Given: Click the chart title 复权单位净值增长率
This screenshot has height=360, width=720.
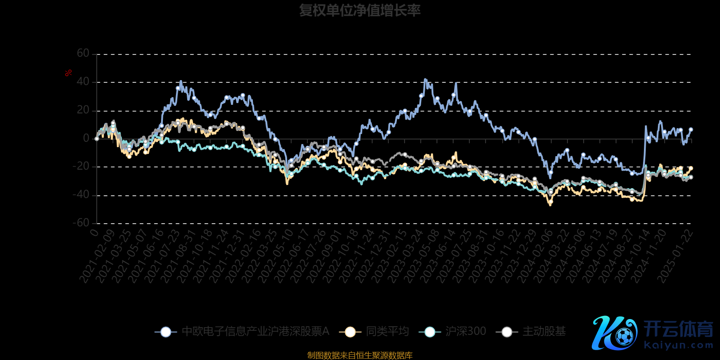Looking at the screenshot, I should point(360,10).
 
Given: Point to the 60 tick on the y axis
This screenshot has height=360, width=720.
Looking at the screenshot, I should point(83,54).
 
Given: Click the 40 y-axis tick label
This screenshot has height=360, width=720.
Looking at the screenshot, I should point(83,82).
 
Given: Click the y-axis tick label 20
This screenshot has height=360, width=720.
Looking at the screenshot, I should point(83,110).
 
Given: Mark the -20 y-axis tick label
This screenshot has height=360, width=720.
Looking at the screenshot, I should point(81,166).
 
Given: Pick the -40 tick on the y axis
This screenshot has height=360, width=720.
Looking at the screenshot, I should point(81,195).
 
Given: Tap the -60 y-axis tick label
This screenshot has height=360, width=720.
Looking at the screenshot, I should point(81,223).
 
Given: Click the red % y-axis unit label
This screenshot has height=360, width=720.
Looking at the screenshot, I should point(68,73).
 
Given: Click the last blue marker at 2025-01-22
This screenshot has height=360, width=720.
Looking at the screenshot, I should point(691,130).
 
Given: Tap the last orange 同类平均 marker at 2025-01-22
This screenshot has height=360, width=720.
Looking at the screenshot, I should point(691,169).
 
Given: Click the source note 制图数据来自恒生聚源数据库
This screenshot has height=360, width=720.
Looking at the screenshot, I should point(360,355).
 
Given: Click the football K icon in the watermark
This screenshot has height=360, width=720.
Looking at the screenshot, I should point(614,333).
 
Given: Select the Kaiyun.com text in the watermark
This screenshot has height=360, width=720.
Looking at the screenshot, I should point(679,346).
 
